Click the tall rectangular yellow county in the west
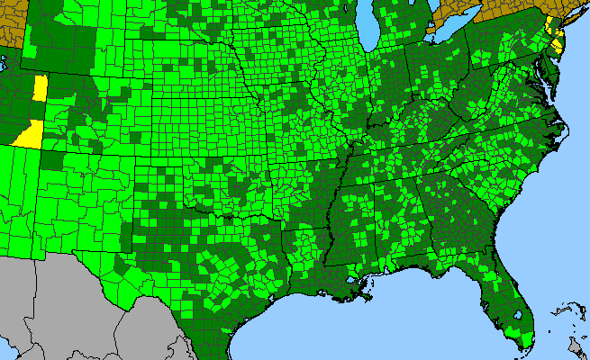[40, 88]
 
